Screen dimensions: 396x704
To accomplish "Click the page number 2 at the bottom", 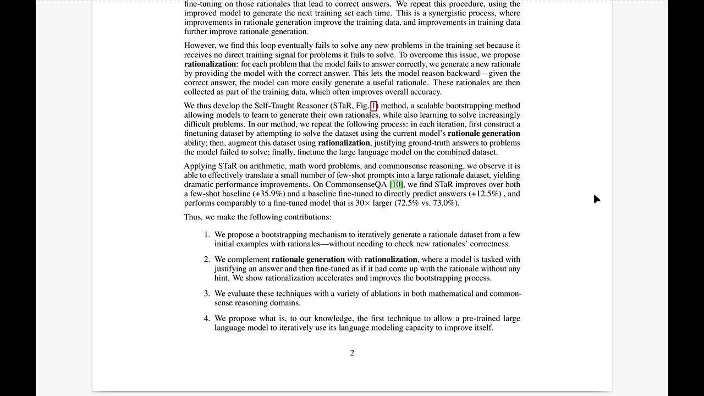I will point(352,353).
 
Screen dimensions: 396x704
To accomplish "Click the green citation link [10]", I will point(396,184).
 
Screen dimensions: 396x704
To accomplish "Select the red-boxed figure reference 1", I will point(373,106).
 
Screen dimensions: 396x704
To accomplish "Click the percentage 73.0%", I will point(443,203).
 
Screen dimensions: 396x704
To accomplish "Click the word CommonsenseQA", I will point(356,184).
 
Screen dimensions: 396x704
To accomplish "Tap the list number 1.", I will point(207,234).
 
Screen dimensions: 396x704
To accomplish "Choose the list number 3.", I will point(207,294).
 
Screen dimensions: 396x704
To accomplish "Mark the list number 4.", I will point(207,318).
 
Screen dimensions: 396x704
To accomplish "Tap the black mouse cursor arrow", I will point(597,199).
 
